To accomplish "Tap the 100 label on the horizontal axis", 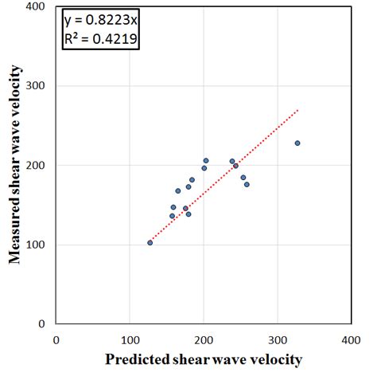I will (x=130, y=339).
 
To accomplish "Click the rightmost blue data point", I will (x=297, y=143).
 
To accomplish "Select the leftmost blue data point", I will (x=150, y=242).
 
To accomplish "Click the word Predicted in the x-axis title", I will (x=135, y=360).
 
